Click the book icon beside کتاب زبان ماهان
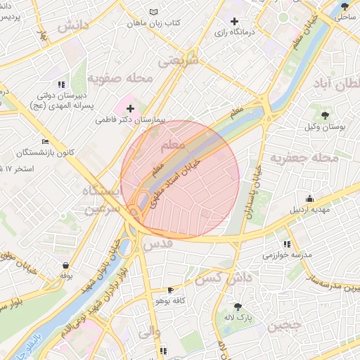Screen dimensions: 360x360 (154, 12)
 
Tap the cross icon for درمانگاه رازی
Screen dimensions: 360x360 (234, 21)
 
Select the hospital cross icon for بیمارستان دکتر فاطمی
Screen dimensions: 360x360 (129, 108)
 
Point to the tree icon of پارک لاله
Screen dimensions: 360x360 (238, 307)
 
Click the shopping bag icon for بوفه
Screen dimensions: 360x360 (66, 265)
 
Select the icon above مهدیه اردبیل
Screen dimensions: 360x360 (309, 198)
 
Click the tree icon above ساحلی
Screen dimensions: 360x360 (345, 6)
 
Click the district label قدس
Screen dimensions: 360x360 (157, 244)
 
